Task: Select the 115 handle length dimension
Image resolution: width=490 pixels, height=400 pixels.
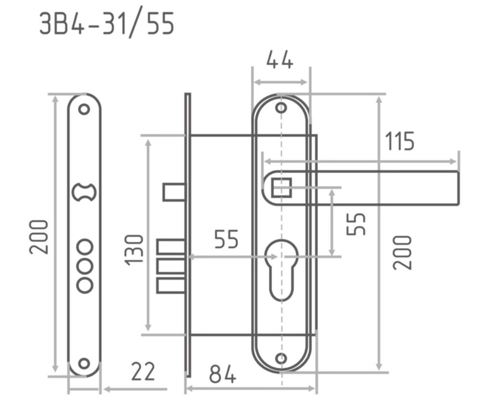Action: (400, 141)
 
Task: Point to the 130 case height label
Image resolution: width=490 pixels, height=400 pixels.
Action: (134, 251)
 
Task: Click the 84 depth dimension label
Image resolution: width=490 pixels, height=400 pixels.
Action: (223, 374)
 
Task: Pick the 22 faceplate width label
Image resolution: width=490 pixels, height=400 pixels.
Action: (143, 371)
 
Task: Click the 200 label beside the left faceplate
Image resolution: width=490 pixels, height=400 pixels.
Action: (39, 237)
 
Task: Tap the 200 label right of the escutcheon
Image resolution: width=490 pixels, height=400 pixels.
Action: (402, 253)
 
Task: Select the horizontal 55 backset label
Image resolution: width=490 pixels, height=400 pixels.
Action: (226, 239)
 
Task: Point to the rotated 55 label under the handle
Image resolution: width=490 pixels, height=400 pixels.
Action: (356, 224)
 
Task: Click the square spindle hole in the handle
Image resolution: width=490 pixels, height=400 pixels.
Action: (282, 188)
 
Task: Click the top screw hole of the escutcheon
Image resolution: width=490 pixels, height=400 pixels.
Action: (281, 108)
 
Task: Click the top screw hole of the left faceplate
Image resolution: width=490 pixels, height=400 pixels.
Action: (84, 109)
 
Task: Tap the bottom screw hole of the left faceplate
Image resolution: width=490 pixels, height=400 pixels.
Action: (84, 363)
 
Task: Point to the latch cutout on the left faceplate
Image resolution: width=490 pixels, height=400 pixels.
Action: (84, 192)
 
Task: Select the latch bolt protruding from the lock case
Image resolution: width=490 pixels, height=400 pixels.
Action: (174, 192)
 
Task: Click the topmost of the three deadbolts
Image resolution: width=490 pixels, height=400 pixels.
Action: (171, 247)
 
